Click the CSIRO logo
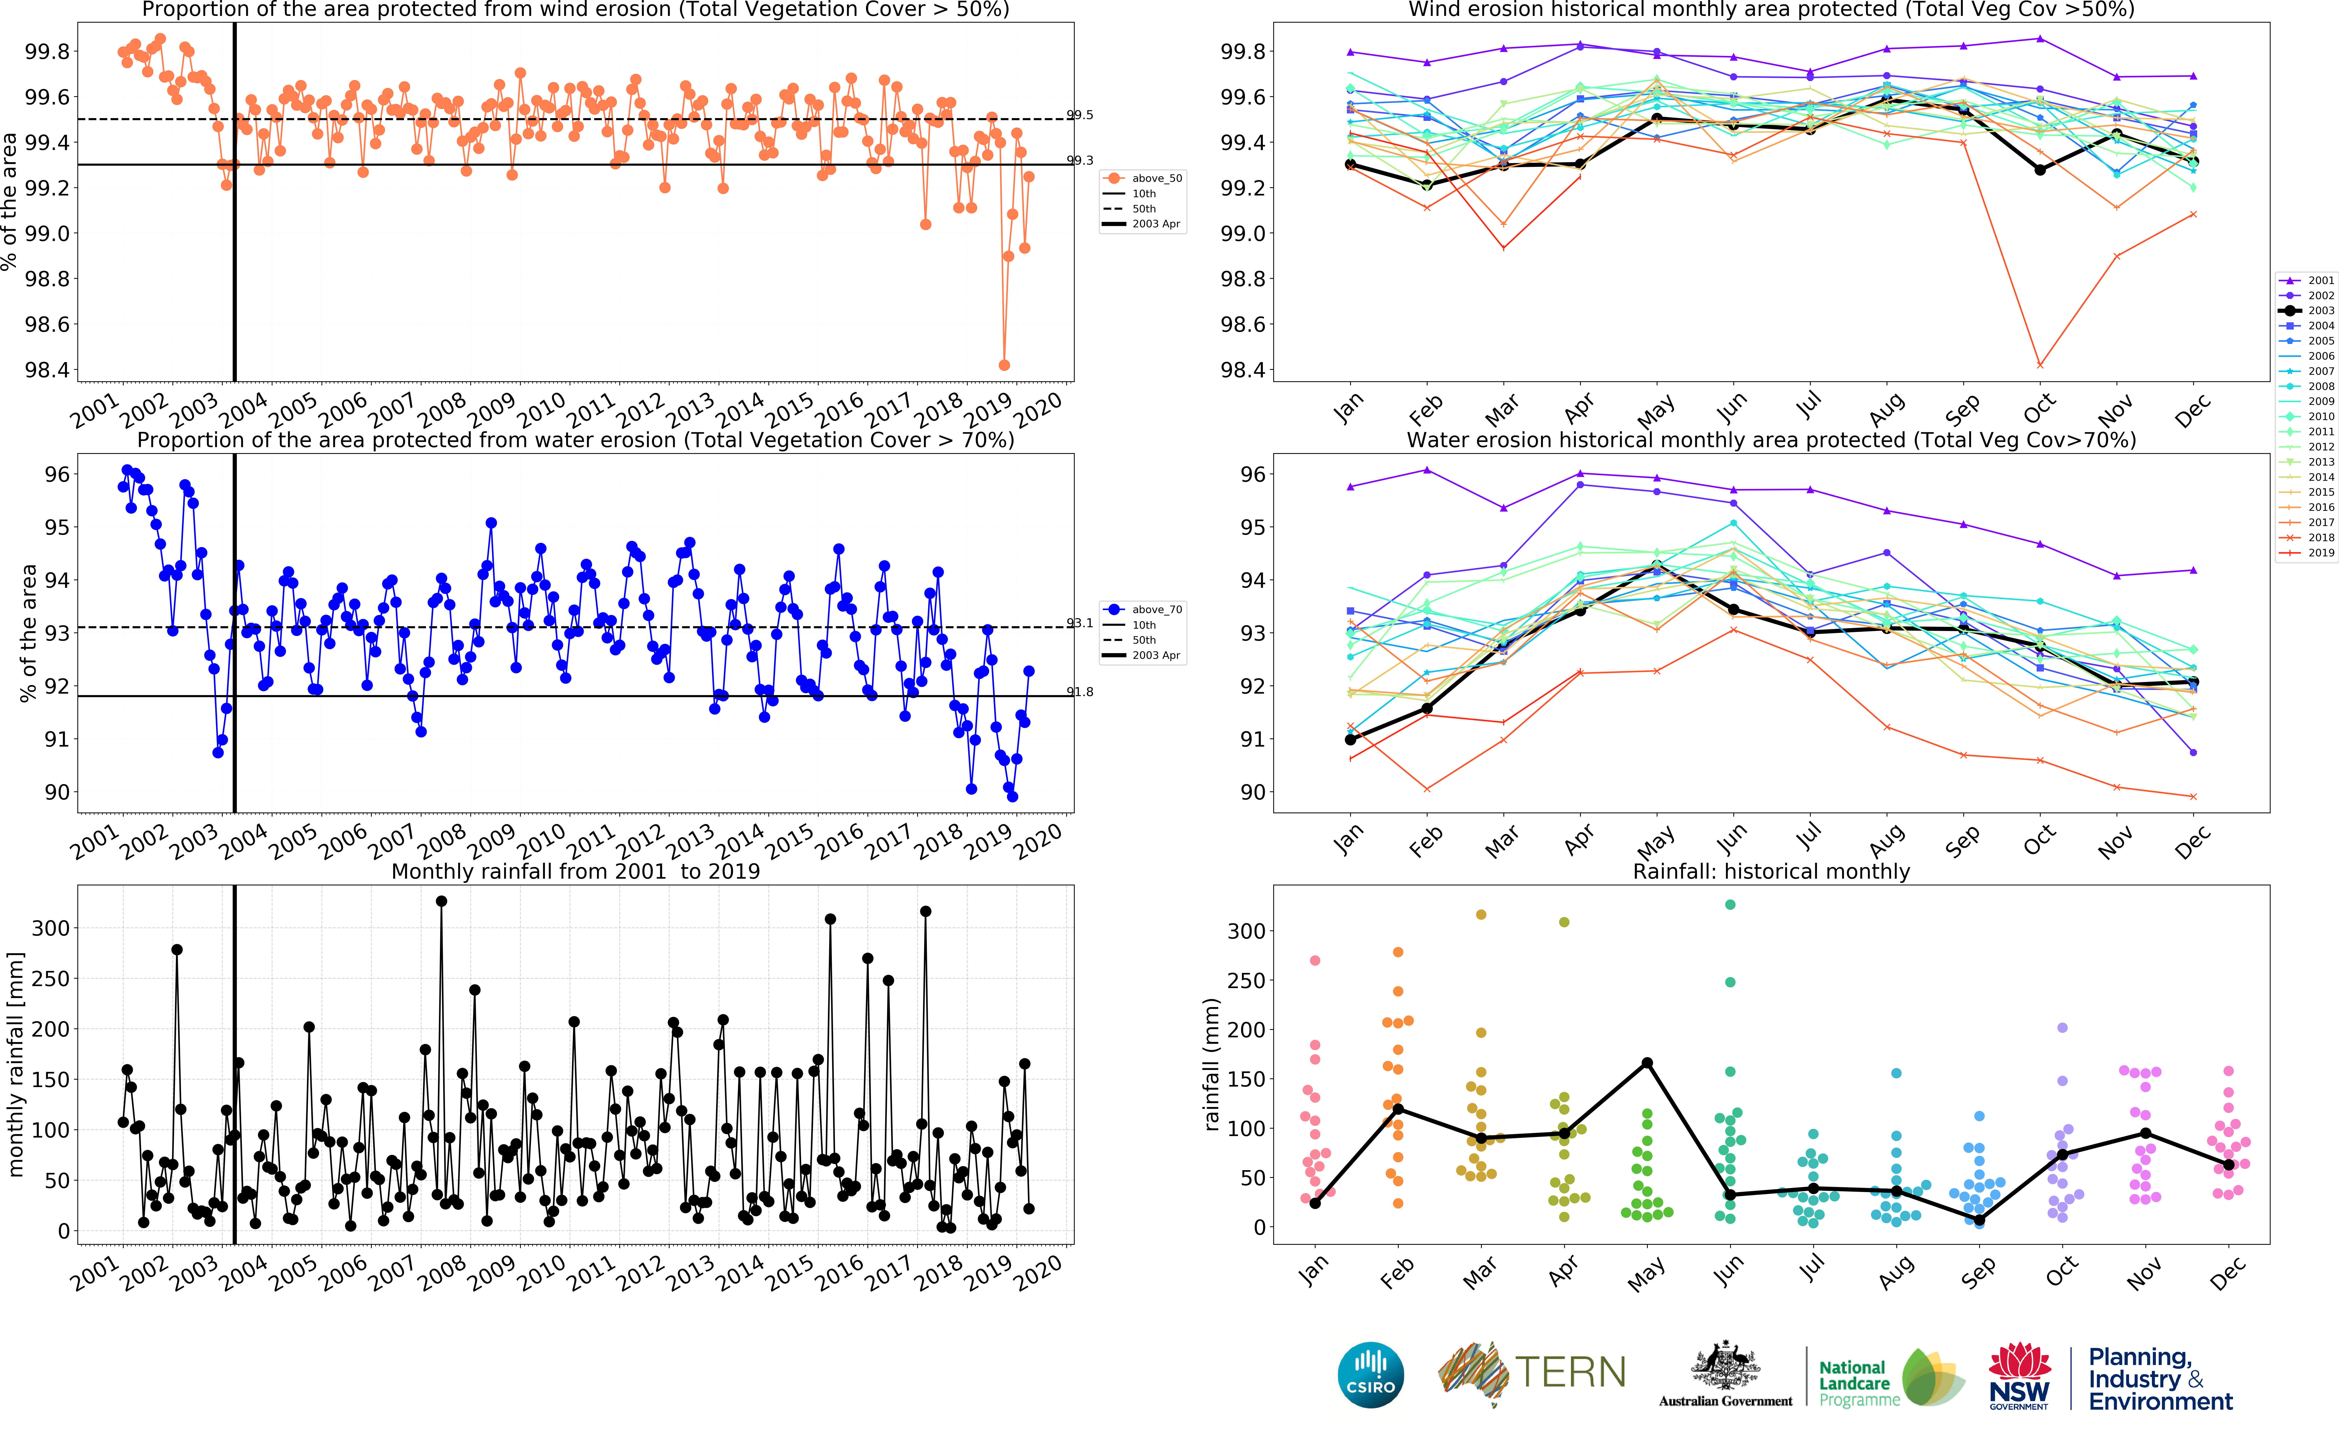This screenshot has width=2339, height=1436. pyautogui.click(x=1370, y=1374)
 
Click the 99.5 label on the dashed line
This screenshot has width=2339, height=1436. pyautogui.click(x=1079, y=115)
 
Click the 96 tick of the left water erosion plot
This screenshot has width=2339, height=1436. pyautogui.click(x=57, y=474)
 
